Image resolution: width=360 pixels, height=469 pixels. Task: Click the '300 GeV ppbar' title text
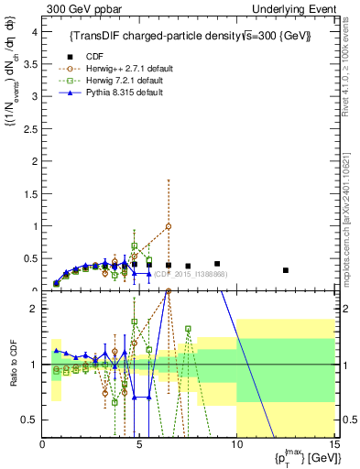click(x=80, y=8)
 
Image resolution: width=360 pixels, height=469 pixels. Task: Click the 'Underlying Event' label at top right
click(x=296, y=8)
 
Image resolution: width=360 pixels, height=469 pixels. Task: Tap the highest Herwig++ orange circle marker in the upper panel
click(x=169, y=226)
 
